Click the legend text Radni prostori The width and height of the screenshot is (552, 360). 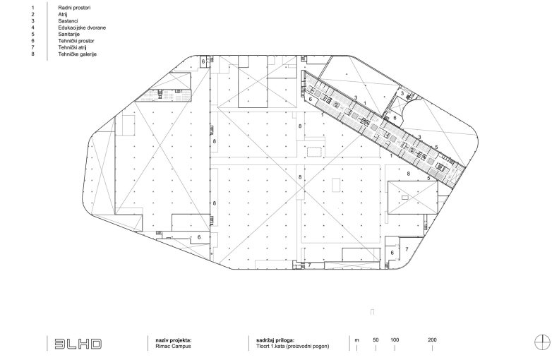[x=74, y=7]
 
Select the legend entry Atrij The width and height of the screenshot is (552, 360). [x=63, y=14]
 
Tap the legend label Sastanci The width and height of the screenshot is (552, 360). [x=68, y=20]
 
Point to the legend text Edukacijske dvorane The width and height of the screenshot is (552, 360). [x=82, y=28]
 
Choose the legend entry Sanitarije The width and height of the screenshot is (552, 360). [x=69, y=34]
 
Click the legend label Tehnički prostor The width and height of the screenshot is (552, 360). [x=76, y=41]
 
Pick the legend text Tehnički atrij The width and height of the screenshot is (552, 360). [x=72, y=47]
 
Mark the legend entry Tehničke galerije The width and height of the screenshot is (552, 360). [x=78, y=54]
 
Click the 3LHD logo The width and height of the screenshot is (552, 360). [x=78, y=344]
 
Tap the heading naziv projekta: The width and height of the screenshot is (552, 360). [x=174, y=340]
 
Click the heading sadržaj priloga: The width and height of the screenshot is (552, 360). [x=275, y=340]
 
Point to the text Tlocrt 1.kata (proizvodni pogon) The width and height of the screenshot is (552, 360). [x=293, y=347]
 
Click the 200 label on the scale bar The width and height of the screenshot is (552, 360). [x=432, y=340]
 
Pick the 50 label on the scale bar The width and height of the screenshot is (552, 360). [x=376, y=340]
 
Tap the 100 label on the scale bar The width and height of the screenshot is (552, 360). [x=395, y=340]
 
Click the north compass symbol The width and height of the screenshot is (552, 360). [x=542, y=342]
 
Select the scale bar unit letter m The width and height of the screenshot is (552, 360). [x=357, y=340]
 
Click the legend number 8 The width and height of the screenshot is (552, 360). [x=32, y=54]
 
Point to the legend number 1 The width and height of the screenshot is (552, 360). [x=32, y=7]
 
